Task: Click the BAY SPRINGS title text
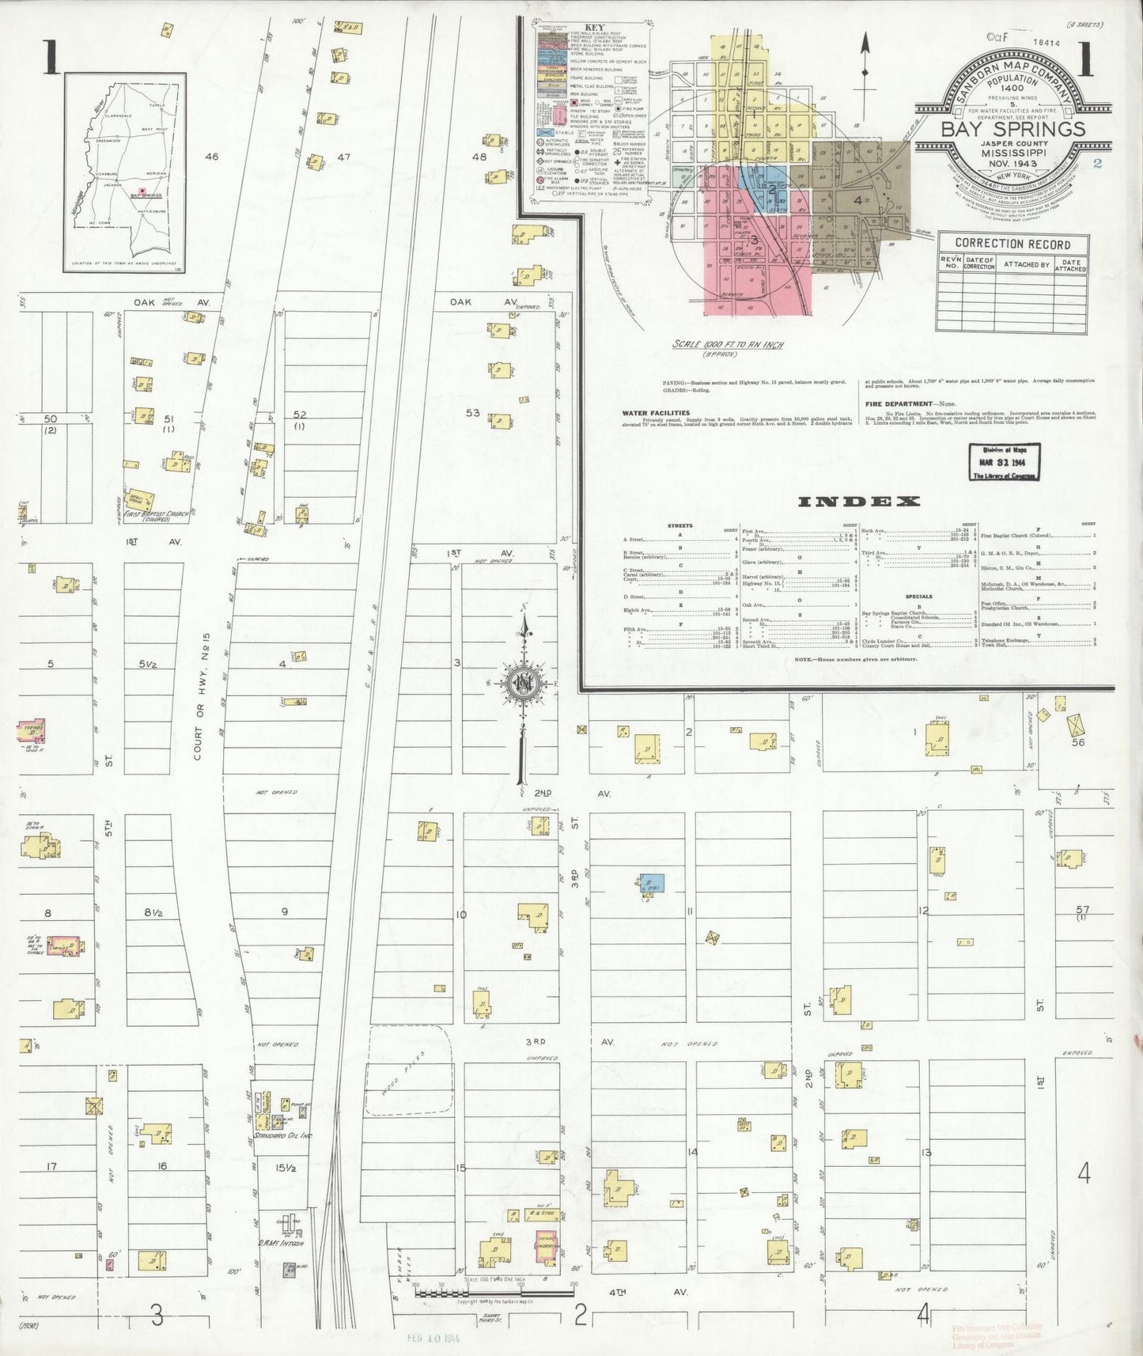pos(1012,129)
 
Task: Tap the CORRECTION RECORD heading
pos(1012,244)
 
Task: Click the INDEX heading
pos(859,502)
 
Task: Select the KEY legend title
pos(592,27)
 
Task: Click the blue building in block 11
pos(653,884)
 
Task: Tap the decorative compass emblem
pos(524,682)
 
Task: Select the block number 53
pos(473,413)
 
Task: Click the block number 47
pos(343,157)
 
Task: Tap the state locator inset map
pos(125,172)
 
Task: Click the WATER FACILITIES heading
pos(656,413)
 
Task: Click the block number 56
pos(1077,742)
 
